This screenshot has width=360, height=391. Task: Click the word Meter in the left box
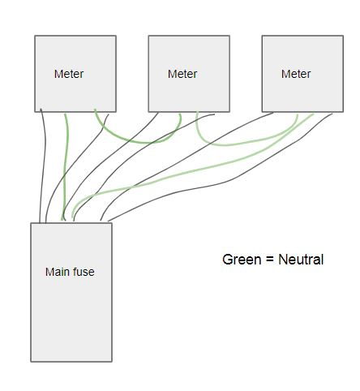click(69, 74)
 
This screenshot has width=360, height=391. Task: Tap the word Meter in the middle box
click(182, 74)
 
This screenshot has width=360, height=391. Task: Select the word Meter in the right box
click(296, 74)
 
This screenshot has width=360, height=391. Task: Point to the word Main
click(56, 272)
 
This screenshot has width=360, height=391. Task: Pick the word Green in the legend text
click(242, 260)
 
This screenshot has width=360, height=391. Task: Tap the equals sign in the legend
click(270, 260)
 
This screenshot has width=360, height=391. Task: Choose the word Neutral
click(301, 260)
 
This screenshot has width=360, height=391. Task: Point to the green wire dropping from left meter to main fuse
click(66, 168)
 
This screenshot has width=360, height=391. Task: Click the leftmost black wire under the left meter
click(44, 165)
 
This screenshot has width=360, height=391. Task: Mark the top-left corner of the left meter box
click(35, 36)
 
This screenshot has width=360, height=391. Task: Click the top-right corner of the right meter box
click(343, 36)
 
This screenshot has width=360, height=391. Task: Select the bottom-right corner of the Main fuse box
click(112, 362)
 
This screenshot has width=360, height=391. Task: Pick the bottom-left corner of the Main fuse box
click(31, 362)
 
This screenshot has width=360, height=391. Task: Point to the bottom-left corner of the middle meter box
click(148, 112)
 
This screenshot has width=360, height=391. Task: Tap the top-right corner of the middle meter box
click(229, 36)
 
